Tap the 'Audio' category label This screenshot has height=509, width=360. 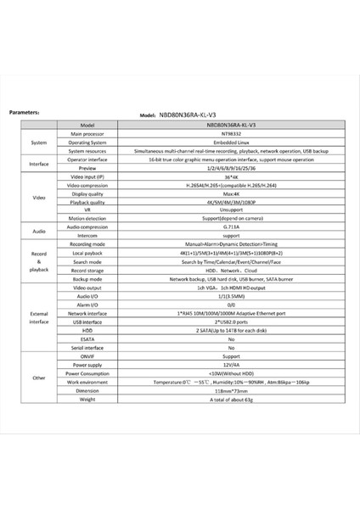click(38, 230)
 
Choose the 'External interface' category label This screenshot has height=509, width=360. click(38, 317)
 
